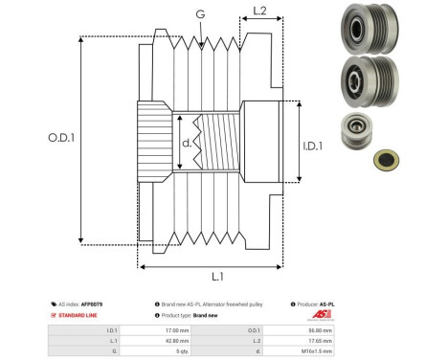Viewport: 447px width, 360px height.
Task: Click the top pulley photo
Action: (x=369, y=28)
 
